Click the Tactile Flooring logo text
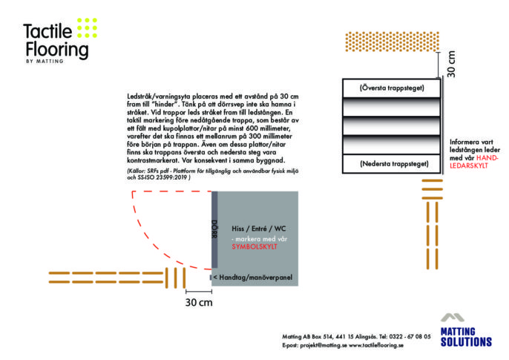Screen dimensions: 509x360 [x=56, y=41]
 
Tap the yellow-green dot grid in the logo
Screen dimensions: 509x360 [x=87, y=27]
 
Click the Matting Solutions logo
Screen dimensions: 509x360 [x=466, y=330]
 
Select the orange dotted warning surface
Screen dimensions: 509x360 [x=392, y=42]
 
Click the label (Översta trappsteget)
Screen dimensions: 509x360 [x=392, y=88]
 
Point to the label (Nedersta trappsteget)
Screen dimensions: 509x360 [x=394, y=163]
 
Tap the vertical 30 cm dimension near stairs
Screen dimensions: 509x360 [x=451, y=64]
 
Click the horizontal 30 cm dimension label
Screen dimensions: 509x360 [x=199, y=303]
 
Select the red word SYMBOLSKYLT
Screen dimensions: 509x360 [x=254, y=246]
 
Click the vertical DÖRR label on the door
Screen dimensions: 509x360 [x=214, y=229]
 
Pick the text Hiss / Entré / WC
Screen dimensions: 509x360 [x=259, y=229]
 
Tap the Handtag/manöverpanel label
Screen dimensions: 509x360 [x=256, y=278]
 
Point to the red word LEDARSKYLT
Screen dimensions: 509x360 [x=469, y=166]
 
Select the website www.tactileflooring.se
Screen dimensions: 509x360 [x=376, y=345]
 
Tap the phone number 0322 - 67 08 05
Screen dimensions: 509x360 [x=410, y=337]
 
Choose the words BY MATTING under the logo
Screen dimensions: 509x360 [x=45, y=61]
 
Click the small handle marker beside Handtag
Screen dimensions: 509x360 [x=211, y=278]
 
